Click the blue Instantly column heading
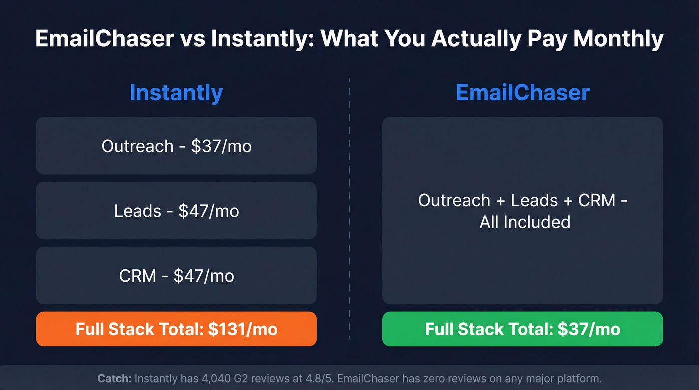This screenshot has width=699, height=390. click(176, 93)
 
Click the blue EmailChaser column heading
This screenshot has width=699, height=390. click(522, 93)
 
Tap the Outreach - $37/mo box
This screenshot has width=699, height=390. click(176, 146)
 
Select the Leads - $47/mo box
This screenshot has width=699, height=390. click(176, 211)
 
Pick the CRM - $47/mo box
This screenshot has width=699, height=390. click(176, 275)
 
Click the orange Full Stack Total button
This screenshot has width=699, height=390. click(176, 329)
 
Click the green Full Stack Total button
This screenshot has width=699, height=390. click(522, 329)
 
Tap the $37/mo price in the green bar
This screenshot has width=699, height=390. click(589, 329)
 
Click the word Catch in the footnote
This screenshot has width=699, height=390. click(114, 379)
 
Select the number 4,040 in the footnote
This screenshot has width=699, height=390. click(202, 379)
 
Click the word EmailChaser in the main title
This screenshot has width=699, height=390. click(104, 39)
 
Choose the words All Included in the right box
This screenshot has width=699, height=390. click(525, 222)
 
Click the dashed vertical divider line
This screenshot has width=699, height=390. click(349, 210)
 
